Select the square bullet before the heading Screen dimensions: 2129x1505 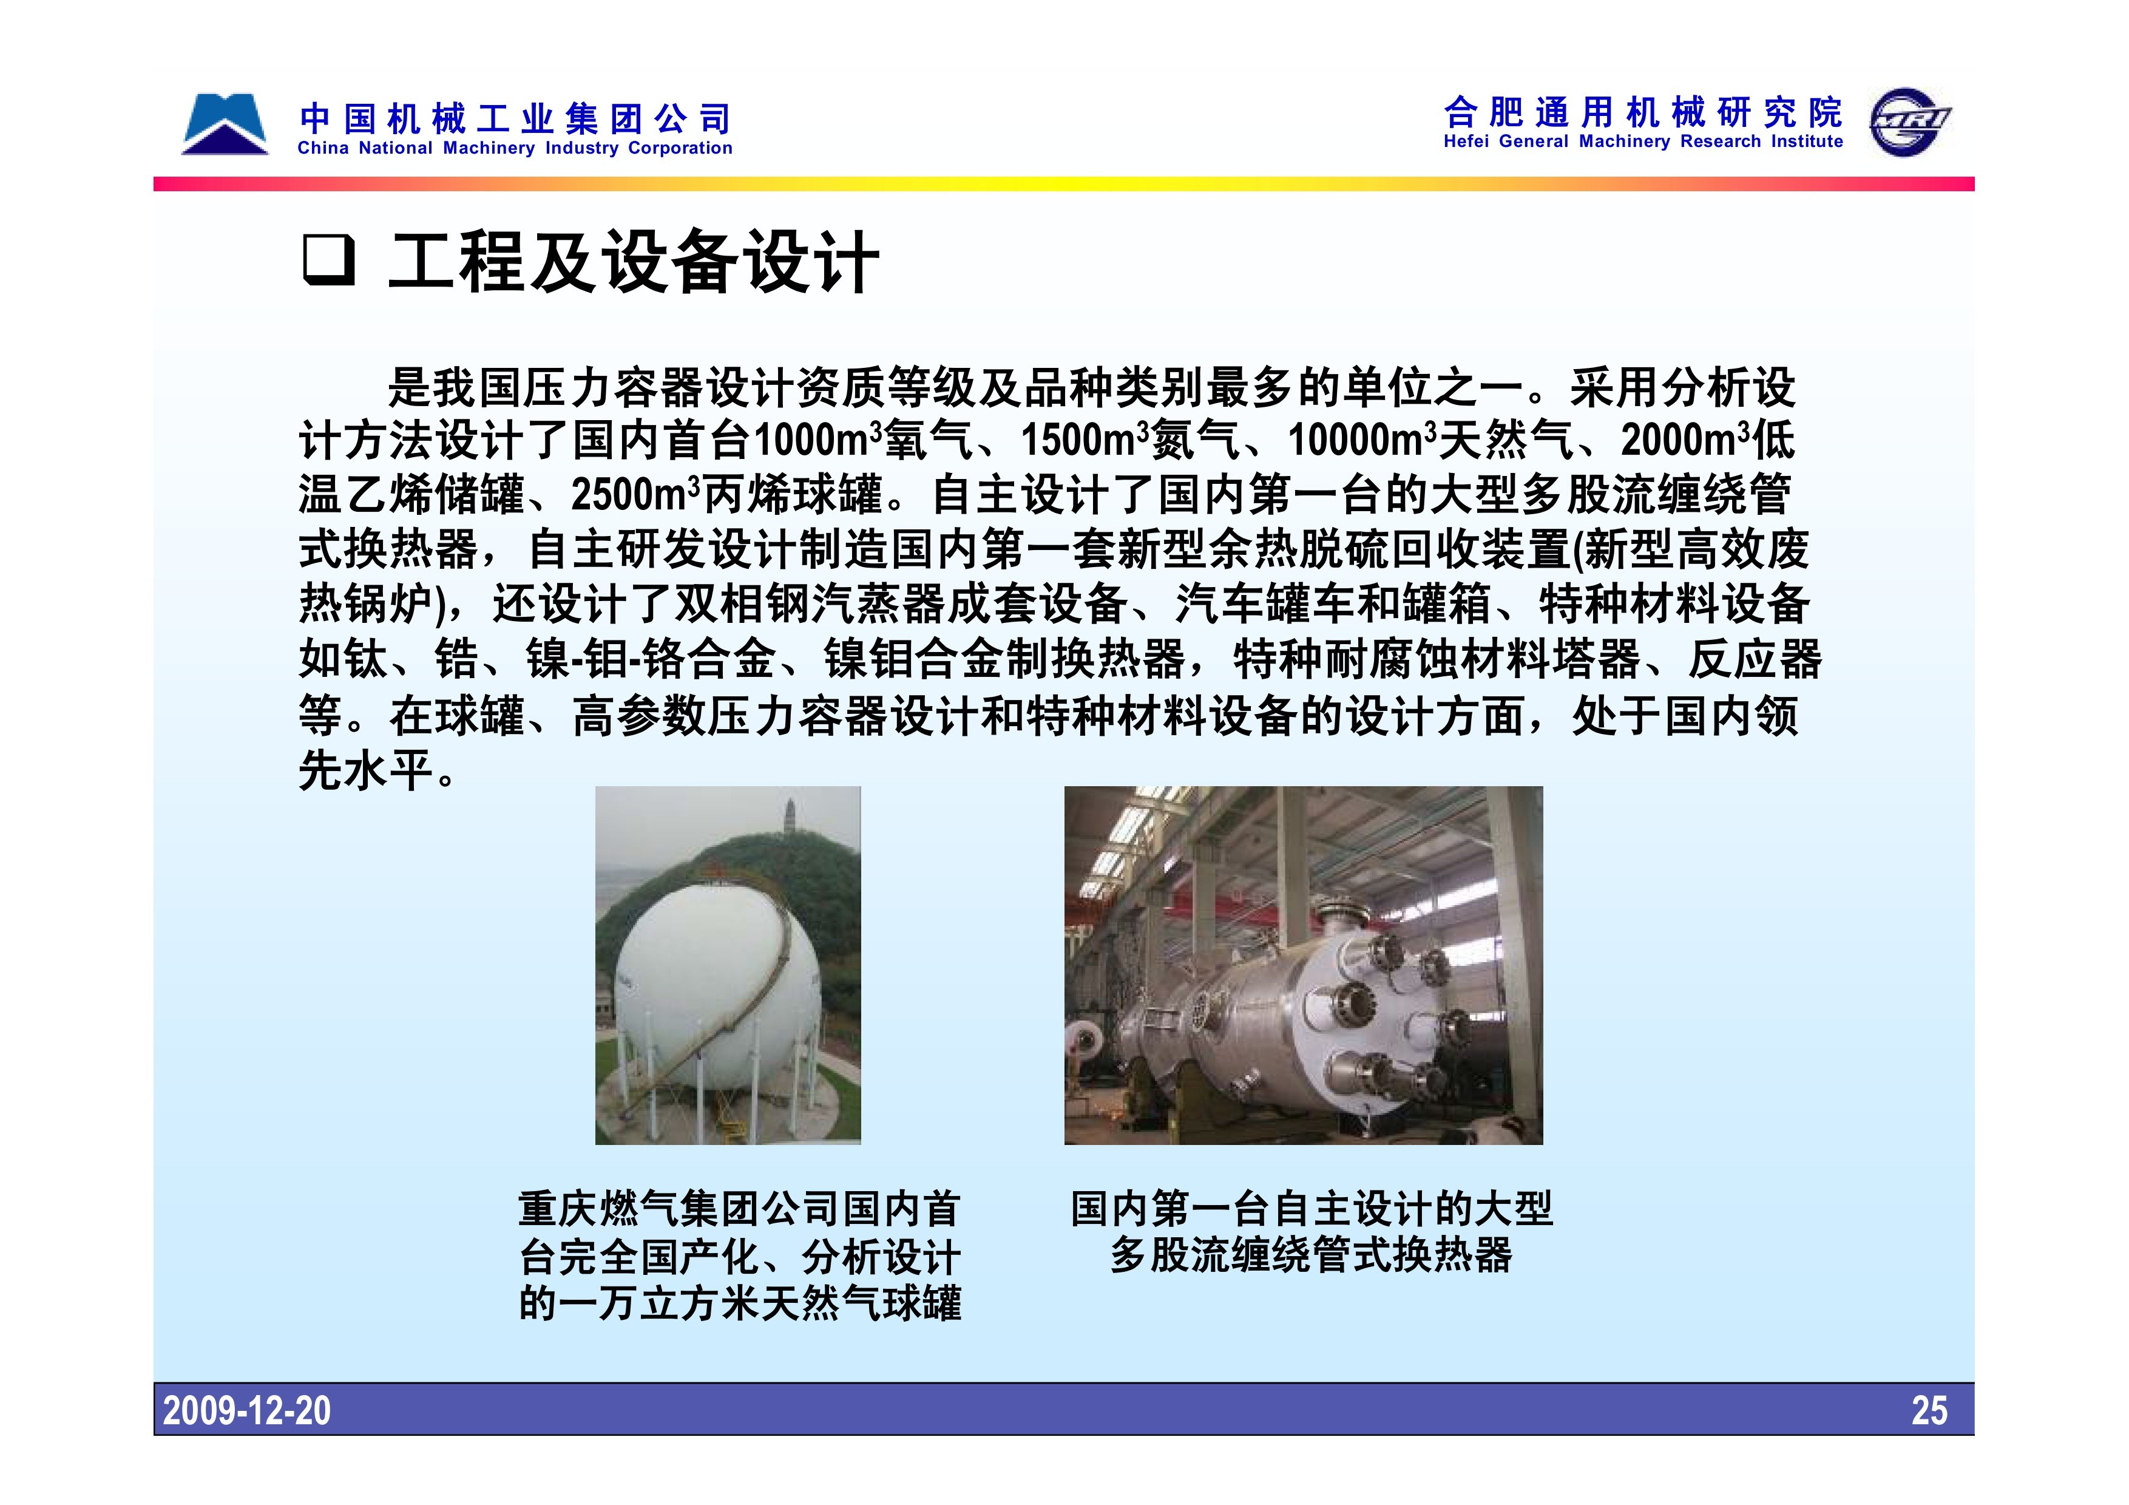[328, 260]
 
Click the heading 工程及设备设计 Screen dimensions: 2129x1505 [634, 262]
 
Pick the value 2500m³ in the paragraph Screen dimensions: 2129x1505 [635, 494]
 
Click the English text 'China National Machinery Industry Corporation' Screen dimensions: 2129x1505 [515, 148]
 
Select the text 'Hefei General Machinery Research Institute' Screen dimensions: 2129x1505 [1643, 142]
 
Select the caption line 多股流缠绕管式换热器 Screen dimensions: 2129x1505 [1311, 1255]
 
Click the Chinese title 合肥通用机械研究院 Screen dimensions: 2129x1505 [1643, 112]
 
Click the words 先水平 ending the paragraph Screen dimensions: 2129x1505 [367, 770]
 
